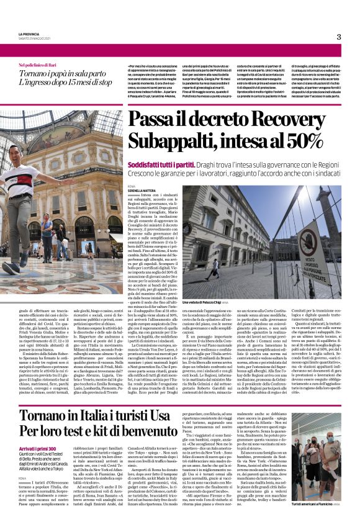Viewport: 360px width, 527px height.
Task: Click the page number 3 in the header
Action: click(339, 37)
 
